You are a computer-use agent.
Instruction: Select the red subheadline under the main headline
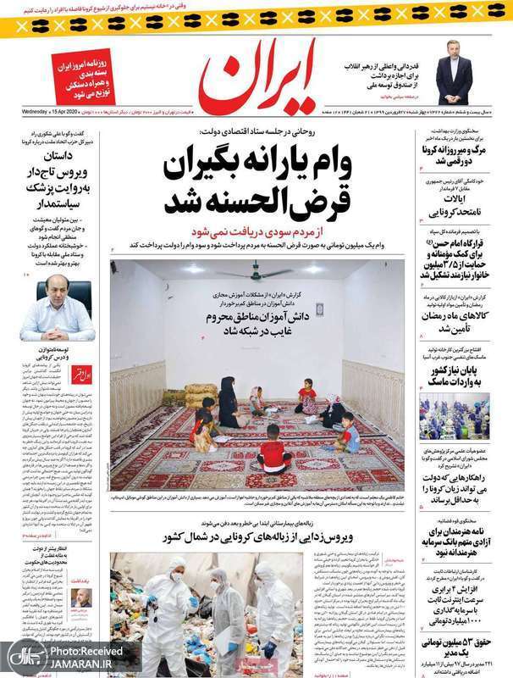coord(255,230)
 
